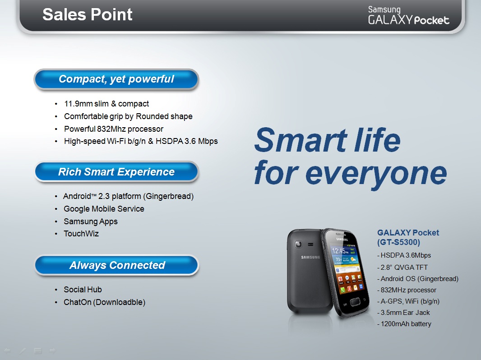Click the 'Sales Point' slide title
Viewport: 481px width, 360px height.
88,14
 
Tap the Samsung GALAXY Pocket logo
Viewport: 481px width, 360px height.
408,15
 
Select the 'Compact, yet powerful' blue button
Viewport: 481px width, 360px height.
116,79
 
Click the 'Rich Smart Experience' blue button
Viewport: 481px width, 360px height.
116,172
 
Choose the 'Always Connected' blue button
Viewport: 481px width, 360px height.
117,265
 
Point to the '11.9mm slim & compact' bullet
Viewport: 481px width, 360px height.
106,104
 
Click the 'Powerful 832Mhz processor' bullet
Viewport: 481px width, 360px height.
114,129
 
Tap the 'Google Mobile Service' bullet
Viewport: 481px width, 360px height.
104,209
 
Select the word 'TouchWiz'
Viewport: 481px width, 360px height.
81,234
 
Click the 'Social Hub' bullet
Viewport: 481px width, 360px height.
83,290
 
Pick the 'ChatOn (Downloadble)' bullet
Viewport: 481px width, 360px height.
104,302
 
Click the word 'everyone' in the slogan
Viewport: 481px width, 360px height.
376,174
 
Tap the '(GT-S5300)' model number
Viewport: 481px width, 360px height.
398,242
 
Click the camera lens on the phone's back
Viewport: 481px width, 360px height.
298,245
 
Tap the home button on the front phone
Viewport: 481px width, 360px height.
355,301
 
